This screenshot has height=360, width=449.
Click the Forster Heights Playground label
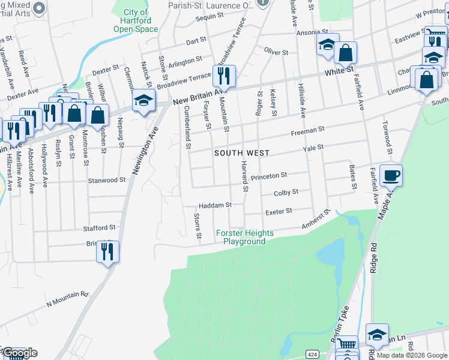(x=245, y=237)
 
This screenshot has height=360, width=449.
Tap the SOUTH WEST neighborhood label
(x=242, y=153)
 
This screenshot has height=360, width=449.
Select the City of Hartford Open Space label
(x=136, y=20)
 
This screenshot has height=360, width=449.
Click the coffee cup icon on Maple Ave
(x=391, y=175)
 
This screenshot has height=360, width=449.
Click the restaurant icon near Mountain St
(x=224, y=75)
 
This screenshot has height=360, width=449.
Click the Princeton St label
(x=270, y=176)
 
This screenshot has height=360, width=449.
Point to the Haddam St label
(x=215, y=205)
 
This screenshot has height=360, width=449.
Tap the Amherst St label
(x=316, y=221)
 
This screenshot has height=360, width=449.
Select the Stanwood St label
(x=106, y=179)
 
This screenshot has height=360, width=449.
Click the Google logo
(x=20, y=353)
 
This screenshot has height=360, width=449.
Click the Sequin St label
(x=209, y=18)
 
